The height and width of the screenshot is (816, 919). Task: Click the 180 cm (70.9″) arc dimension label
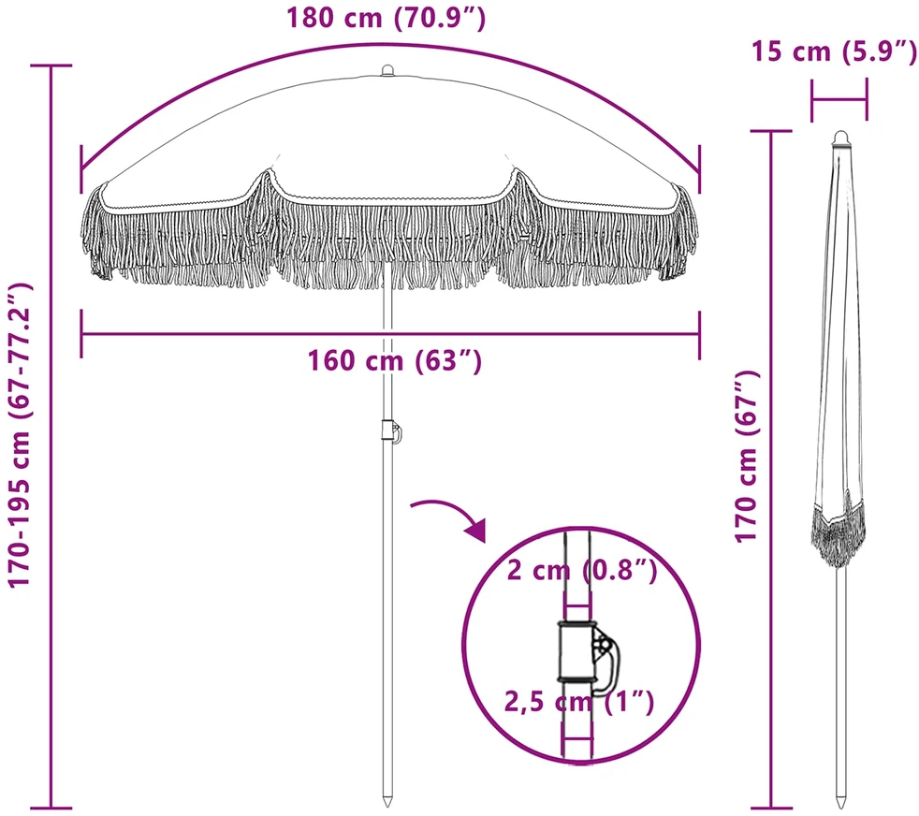pos(386,18)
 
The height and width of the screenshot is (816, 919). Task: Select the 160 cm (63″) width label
pos(394,360)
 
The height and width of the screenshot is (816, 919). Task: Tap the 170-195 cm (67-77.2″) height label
pos(21,435)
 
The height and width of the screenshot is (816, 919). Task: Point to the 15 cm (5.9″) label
pos(834,51)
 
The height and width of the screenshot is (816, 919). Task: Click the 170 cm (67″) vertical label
pos(748,457)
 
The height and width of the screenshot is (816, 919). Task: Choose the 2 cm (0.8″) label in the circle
pos(582,570)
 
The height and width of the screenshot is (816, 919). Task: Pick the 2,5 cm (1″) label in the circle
pos(579,702)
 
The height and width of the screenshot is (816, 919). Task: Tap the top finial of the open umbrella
pos(387,70)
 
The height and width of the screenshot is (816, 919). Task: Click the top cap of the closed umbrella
pos(841,138)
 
